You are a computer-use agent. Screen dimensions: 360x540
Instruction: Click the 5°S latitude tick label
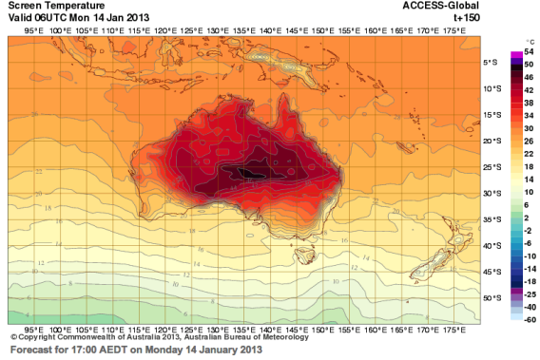click(493, 63)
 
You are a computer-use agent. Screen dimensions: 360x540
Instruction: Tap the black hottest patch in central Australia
click(244, 172)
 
